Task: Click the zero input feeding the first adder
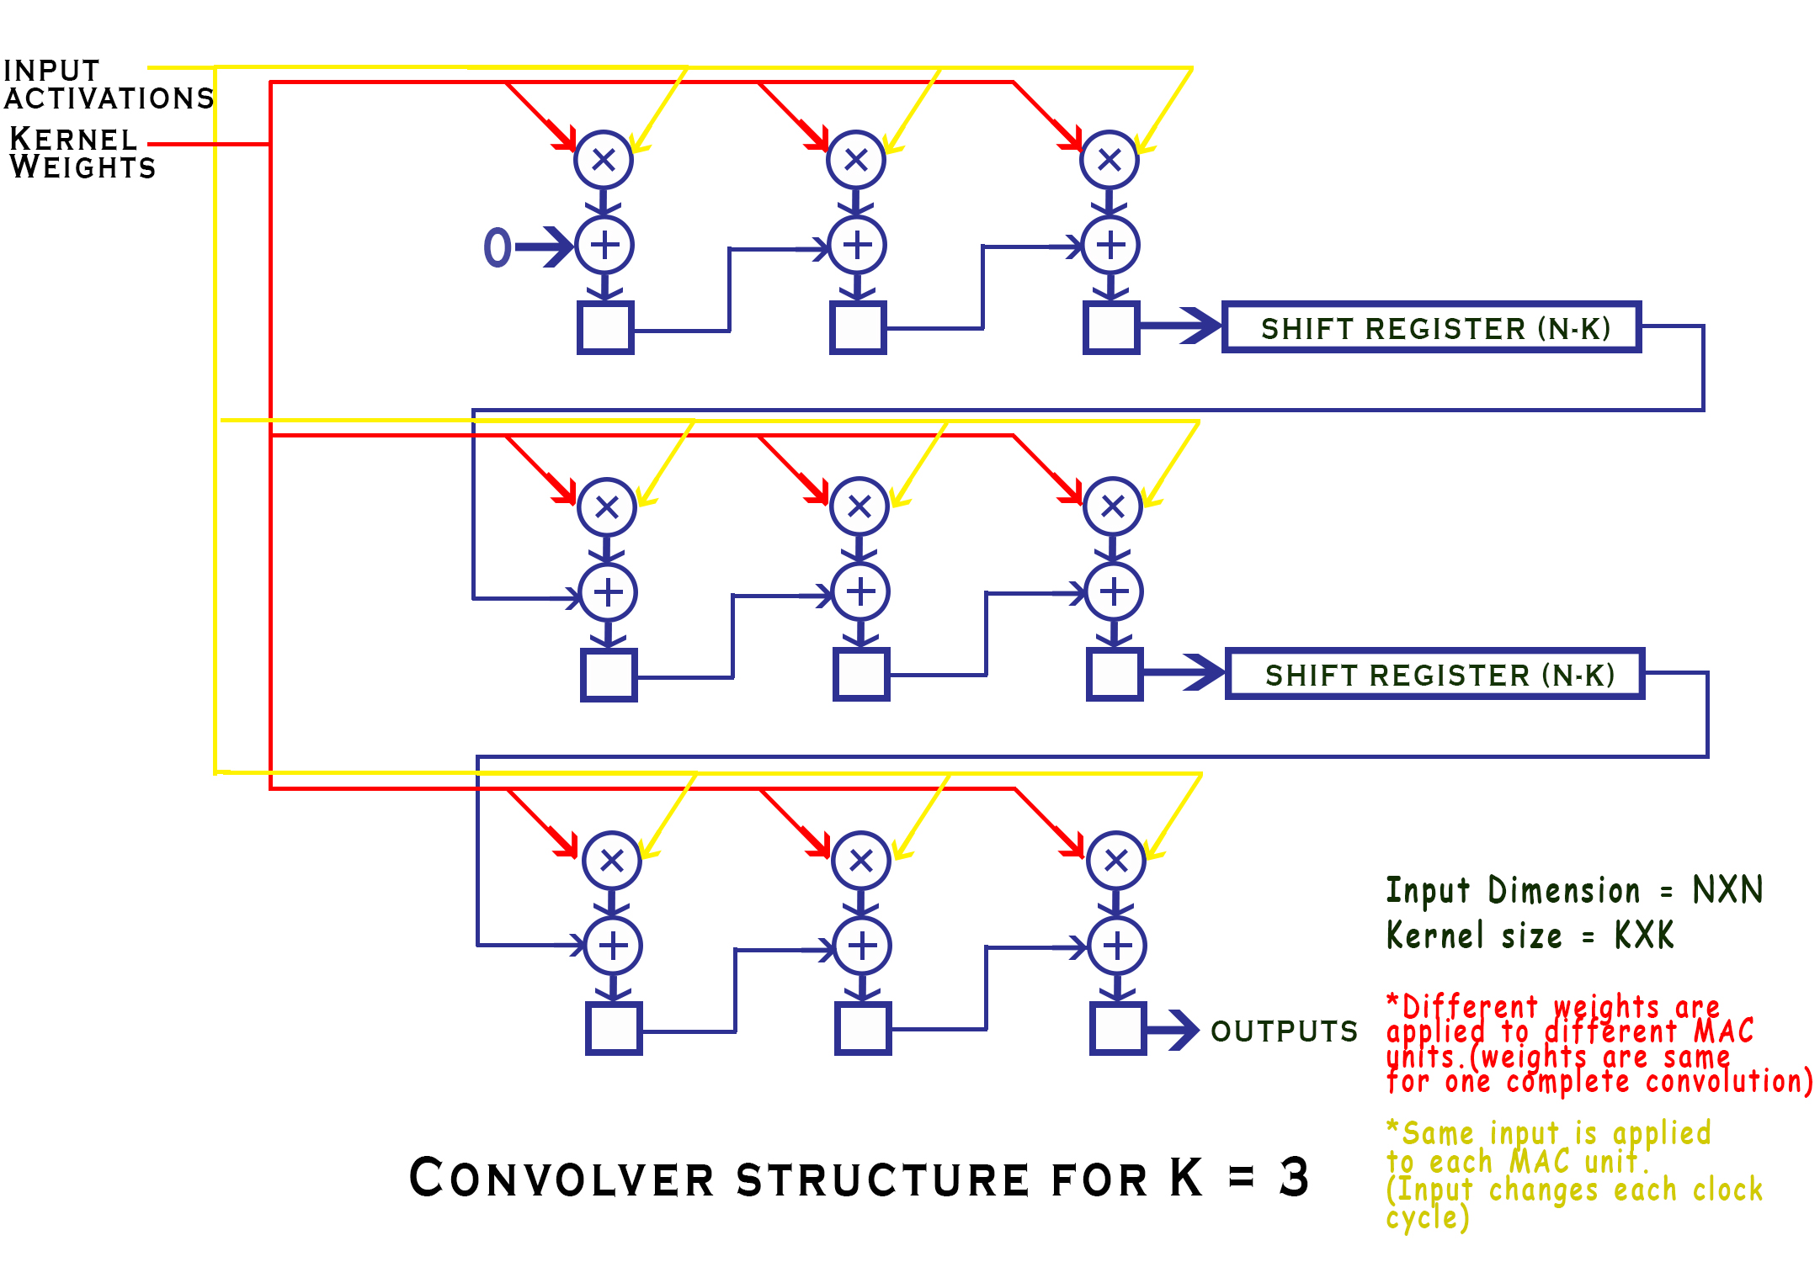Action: pyautogui.click(x=498, y=247)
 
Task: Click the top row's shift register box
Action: pyautogui.click(x=1431, y=327)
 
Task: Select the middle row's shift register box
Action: pyautogui.click(x=1435, y=674)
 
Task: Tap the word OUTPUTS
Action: pyautogui.click(x=1284, y=1031)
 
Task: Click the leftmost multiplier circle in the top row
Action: pyautogui.click(x=604, y=159)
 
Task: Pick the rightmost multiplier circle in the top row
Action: pyautogui.click(x=1110, y=159)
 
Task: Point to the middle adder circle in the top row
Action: pyautogui.click(x=857, y=246)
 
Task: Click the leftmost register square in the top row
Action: pyautogui.click(x=605, y=327)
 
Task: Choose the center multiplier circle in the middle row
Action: pyautogui.click(x=859, y=506)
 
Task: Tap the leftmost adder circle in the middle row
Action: pyautogui.click(x=609, y=592)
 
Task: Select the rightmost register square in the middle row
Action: pyautogui.click(x=1115, y=674)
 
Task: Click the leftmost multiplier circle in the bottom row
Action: pyautogui.click(x=612, y=861)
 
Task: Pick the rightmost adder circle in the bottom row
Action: pyautogui.click(x=1117, y=946)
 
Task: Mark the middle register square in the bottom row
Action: pyautogui.click(x=863, y=1028)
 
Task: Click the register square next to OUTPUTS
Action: pyautogui.click(x=1118, y=1028)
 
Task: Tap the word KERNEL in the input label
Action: pyautogui.click(x=73, y=139)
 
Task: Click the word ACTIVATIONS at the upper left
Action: pyautogui.click(x=109, y=98)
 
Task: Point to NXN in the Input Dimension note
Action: pyautogui.click(x=1727, y=889)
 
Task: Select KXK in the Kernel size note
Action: pyautogui.click(x=1643, y=935)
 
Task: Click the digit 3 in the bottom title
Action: pyautogui.click(x=1294, y=1177)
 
